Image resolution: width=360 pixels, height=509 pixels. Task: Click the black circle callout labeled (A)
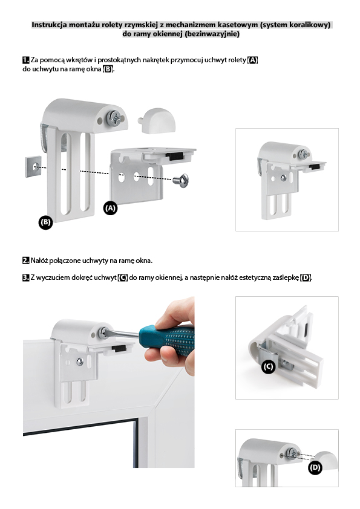pyautogui.click(x=111, y=208)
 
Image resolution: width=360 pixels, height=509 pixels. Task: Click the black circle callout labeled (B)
pyautogui.click(x=45, y=222)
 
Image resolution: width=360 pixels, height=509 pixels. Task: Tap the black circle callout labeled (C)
pyautogui.click(x=269, y=367)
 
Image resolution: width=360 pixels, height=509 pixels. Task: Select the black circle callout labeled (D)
pyautogui.click(x=315, y=468)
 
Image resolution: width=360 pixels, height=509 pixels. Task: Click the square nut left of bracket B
pyautogui.click(x=33, y=166)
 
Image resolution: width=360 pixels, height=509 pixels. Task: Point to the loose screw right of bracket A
pyautogui.click(x=181, y=179)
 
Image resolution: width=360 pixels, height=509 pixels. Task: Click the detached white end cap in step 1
pyautogui.click(x=157, y=120)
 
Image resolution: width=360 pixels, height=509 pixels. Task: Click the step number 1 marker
pyautogui.click(x=26, y=60)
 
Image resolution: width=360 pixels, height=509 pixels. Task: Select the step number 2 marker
pyautogui.click(x=26, y=261)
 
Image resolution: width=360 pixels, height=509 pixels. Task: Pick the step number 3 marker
pyautogui.click(x=26, y=277)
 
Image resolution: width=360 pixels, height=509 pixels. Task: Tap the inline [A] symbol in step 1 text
pyautogui.click(x=252, y=60)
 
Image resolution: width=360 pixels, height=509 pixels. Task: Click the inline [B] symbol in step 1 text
pyautogui.click(x=108, y=69)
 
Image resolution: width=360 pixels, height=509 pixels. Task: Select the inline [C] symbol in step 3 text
pyautogui.click(x=123, y=277)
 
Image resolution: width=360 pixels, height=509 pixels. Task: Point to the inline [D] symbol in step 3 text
pyautogui.click(x=306, y=277)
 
